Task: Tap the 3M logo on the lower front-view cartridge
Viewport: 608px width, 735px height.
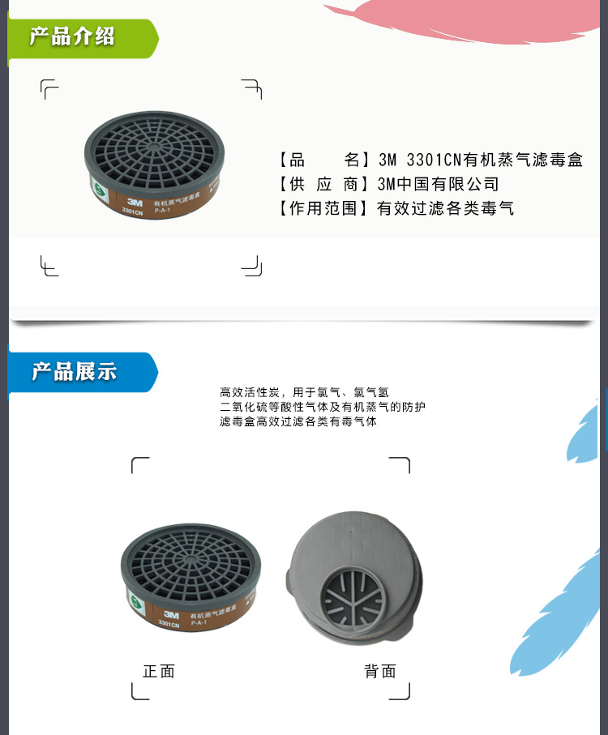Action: coord(169,613)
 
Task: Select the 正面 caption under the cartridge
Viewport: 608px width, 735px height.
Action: coord(159,671)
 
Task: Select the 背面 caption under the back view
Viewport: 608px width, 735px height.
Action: coord(380,671)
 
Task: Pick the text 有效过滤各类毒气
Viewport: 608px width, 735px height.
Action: coord(446,208)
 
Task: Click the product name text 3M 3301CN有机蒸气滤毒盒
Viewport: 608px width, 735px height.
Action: coord(481,160)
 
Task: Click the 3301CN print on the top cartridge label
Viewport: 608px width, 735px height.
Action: coord(132,212)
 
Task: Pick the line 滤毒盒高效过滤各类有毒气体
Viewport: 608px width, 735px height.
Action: coord(298,421)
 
